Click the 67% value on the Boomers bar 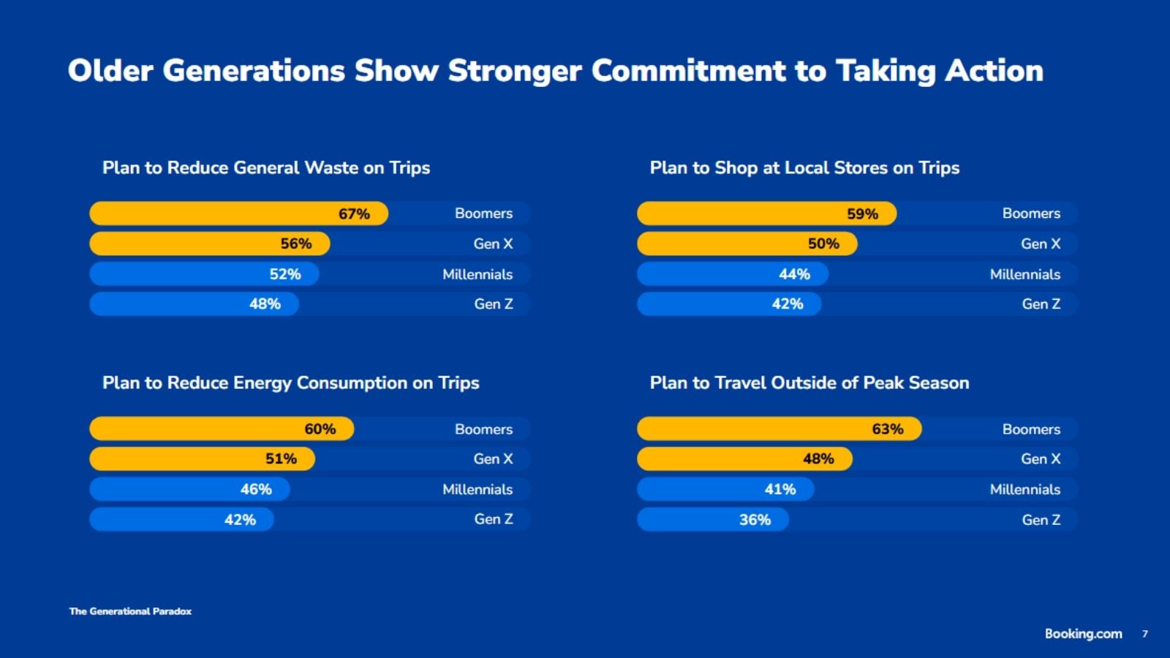[354, 213]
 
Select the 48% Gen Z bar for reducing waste [194, 304]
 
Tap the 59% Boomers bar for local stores [766, 213]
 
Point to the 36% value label [755, 520]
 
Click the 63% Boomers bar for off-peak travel [779, 429]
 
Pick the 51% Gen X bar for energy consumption [202, 459]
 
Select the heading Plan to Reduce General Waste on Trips [266, 168]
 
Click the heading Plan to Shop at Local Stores [804, 168]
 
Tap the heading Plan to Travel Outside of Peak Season [809, 383]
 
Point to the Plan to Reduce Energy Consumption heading [290, 383]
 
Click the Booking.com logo [1083, 634]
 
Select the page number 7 [1145, 634]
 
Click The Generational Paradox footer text [130, 611]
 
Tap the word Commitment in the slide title [688, 71]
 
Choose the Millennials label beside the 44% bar [1024, 274]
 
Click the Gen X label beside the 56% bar [493, 243]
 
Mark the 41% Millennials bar [725, 489]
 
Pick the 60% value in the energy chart [320, 429]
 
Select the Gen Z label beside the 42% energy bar [493, 519]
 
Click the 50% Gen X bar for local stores [747, 243]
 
